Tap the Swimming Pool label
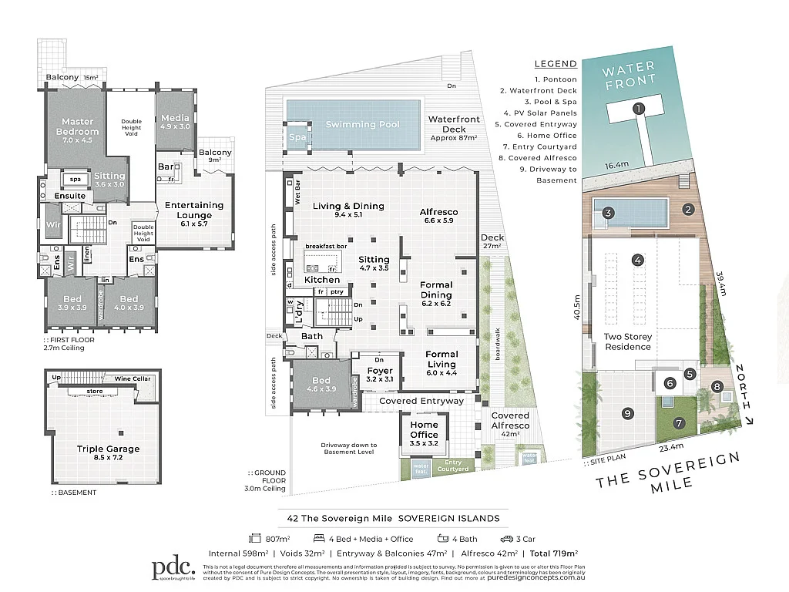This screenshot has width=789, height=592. pos(361,124)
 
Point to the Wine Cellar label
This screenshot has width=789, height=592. pos(133,378)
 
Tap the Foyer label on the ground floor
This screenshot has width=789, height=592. pos(381,375)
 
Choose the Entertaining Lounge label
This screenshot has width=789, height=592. pos(194,210)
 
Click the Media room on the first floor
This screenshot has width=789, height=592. pos(175,122)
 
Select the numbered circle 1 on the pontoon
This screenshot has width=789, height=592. pos(638,109)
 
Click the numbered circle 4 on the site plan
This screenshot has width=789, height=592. pos(638,260)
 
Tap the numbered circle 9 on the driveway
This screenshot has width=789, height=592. pos(628,413)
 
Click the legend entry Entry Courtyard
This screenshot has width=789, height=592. pos(555,146)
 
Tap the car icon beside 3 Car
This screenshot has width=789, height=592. pos(506,539)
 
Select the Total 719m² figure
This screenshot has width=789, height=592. pos(551,553)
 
